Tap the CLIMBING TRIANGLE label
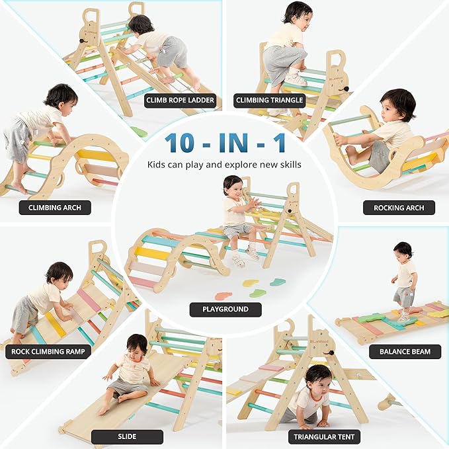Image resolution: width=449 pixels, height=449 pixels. [269, 101]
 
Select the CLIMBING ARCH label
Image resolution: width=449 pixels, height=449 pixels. [55, 207]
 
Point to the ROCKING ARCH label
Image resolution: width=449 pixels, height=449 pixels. [399, 207]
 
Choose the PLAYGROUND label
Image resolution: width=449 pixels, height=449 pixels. [225, 309]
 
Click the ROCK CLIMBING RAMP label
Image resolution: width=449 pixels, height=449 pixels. [48, 351]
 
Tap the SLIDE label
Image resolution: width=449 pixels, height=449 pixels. [127, 437]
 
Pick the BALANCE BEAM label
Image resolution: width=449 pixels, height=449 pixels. [405, 351]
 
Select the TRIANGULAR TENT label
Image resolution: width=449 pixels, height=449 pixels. [324, 437]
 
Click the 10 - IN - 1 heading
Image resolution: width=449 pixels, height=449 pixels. [224, 142]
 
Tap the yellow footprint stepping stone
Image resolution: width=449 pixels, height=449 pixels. [251, 282]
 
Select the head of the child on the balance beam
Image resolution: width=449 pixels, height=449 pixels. [403, 250]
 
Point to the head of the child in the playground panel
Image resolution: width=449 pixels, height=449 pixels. [233, 186]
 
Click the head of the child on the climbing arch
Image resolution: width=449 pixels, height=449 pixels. [61, 96]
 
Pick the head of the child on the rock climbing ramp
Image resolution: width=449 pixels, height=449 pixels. [59, 272]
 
